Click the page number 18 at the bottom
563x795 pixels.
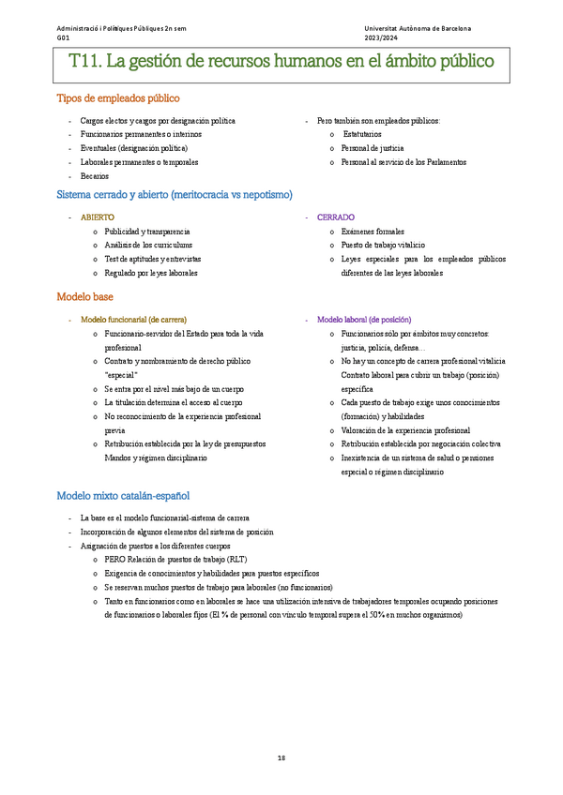pyautogui.click(x=281, y=757)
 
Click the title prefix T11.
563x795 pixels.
pyautogui.click(x=85, y=63)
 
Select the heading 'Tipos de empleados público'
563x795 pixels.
pyautogui.click(x=118, y=98)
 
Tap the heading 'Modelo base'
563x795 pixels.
pyautogui.click(x=85, y=296)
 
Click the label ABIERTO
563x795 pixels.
pyautogui.click(x=98, y=217)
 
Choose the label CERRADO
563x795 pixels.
pyautogui.click(x=336, y=217)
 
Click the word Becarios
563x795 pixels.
pyautogui.click(x=95, y=175)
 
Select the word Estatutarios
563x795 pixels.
pyautogui.click(x=363, y=135)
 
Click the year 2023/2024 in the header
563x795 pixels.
pyautogui.click(x=383, y=38)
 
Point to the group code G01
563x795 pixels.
pyautogui.click(x=62, y=38)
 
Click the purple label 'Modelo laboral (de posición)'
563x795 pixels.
pyautogui.click(x=364, y=320)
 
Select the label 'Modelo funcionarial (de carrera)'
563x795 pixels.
pyautogui.click(x=133, y=320)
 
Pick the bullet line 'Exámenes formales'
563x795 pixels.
pyautogui.click(x=373, y=231)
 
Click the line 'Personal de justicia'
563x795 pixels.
pyautogui.click(x=373, y=148)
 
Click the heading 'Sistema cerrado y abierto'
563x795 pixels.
pyautogui.click(x=175, y=195)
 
